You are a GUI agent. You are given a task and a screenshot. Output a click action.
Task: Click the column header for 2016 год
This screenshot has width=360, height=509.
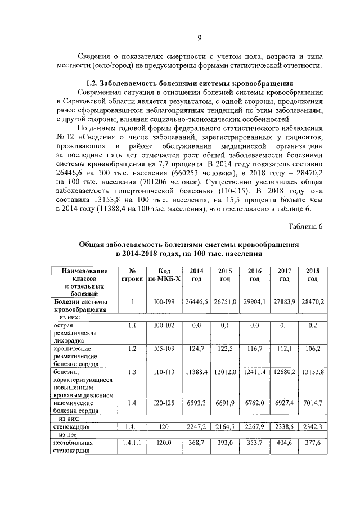(254, 274)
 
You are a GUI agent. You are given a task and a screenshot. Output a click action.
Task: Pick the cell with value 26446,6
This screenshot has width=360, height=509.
(196, 302)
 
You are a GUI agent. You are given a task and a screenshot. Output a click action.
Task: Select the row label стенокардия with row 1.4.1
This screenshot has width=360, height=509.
(71, 427)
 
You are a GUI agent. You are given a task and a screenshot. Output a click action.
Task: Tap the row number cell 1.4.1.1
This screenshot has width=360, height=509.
(132, 443)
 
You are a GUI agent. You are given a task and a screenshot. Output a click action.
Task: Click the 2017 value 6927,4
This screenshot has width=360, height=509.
(285, 403)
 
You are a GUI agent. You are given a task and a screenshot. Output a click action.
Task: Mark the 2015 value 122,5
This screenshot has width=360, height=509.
(225, 349)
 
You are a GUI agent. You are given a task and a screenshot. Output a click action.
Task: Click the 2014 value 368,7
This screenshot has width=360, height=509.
(196, 443)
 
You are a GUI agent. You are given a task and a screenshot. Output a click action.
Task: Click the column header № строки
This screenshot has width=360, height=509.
(132, 274)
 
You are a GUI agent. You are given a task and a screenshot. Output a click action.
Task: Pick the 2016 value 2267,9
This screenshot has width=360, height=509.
(254, 427)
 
